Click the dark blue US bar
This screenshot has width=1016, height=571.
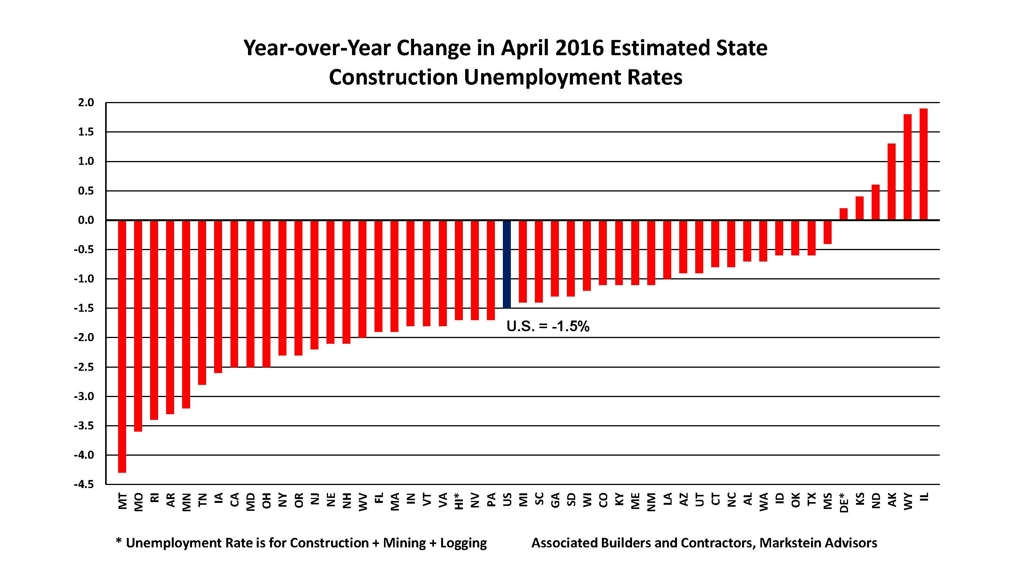coord(507,264)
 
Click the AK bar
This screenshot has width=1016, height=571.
coord(891,182)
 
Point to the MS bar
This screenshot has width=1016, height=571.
coord(827,232)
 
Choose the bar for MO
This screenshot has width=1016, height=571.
coord(138,325)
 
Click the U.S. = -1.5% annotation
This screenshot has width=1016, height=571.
coord(548,326)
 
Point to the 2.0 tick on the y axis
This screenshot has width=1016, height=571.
coord(86,103)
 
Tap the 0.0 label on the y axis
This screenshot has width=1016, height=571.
coord(86,220)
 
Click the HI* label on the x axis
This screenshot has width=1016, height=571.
coord(458,501)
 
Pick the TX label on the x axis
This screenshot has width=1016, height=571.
coord(811,499)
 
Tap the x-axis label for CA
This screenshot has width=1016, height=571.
coord(234,499)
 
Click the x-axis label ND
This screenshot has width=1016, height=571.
coord(875,501)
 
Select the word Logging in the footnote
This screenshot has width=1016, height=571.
coord(464,543)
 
